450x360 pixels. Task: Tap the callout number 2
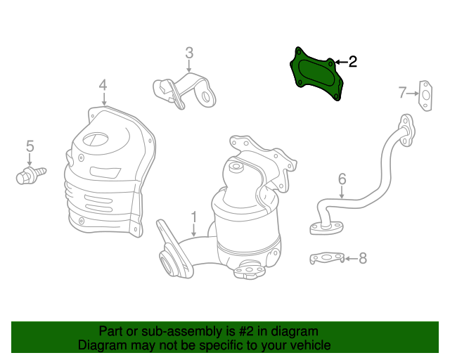353,62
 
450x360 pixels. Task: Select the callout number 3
189,53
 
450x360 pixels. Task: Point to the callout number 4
103,85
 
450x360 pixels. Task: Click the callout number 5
30,146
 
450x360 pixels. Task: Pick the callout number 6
342,179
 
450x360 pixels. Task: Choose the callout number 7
403,92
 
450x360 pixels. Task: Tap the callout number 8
363,258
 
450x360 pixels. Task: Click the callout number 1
194,217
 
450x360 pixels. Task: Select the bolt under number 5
30,175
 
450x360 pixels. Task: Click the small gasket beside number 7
425,96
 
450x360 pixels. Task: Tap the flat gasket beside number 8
327,258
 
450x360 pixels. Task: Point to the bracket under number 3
184,91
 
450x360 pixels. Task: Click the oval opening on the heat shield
96,139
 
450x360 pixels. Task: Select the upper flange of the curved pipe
406,130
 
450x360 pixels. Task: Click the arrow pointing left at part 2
341,62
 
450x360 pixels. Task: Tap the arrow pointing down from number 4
104,99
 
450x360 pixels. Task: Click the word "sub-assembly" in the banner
181,331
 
